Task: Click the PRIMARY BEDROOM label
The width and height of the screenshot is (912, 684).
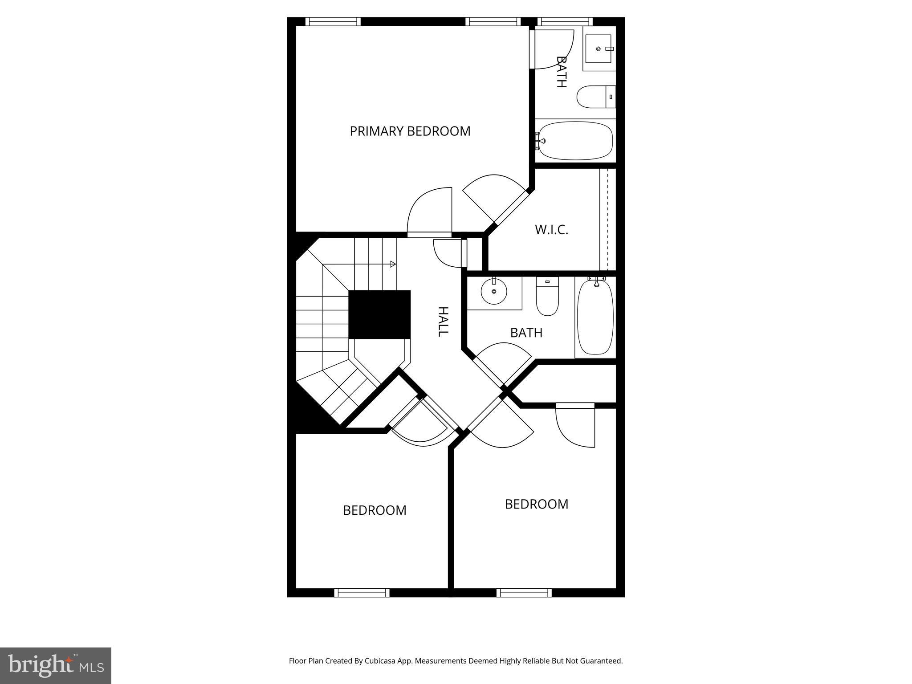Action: [410, 131]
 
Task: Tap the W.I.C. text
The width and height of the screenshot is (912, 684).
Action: [551, 230]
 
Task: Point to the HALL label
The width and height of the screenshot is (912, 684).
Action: [443, 322]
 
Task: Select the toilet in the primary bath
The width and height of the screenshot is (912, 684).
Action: [594, 97]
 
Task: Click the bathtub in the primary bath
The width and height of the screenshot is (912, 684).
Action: [576, 141]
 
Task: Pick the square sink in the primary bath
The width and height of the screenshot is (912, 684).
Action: [598, 49]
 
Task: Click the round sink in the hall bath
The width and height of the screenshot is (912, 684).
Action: [494, 291]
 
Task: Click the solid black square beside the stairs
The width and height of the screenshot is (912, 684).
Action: [379, 314]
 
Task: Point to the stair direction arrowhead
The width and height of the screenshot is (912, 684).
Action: [393, 264]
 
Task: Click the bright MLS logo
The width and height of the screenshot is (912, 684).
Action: [55, 665]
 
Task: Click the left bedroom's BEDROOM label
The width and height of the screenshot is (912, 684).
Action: [375, 510]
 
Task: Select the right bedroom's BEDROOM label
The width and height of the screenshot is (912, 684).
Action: [536, 504]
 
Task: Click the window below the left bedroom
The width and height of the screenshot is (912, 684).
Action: [362, 593]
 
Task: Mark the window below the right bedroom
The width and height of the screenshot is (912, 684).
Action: [524, 593]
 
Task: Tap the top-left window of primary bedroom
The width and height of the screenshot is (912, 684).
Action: [333, 21]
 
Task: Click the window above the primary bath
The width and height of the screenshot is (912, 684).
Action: [565, 21]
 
